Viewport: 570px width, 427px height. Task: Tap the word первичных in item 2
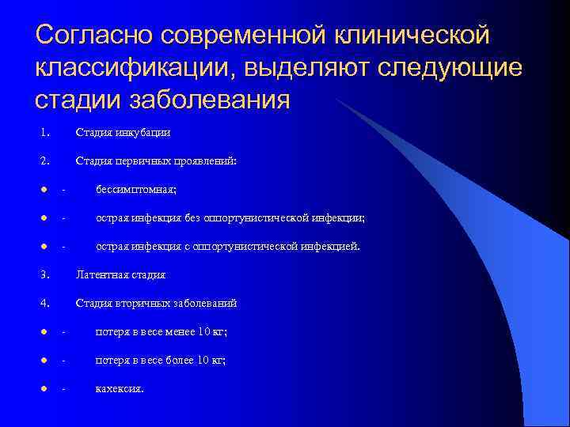tap(137, 161)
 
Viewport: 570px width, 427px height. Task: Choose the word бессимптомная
tap(136, 189)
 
